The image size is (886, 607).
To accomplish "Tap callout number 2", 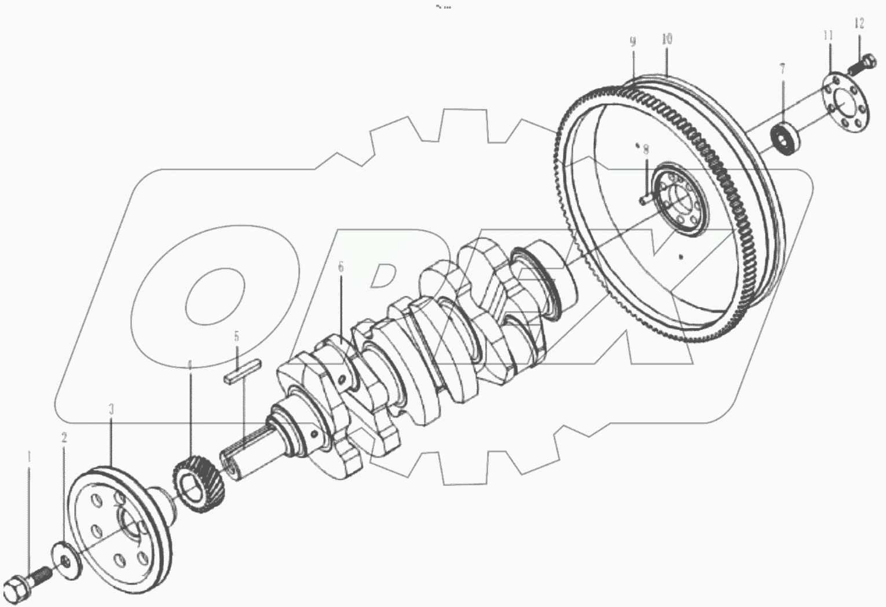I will (x=64, y=438).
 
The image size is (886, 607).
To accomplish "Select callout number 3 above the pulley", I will (x=111, y=410).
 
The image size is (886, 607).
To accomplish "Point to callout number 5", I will (x=236, y=337).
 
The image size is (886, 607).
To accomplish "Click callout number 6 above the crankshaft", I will (x=341, y=267).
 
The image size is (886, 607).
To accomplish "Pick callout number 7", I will (x=782, y=70).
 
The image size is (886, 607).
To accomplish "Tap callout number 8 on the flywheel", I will (x=646, y=149).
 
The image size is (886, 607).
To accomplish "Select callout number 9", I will (x=633, y=41).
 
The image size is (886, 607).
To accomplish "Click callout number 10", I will (x=667, y=39).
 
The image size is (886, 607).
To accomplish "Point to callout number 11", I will (x=829, y=35).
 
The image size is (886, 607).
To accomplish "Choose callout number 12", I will (x=859, y=24).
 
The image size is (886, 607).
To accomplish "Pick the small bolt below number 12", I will (x=861, y=64).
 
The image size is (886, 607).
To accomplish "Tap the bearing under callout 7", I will (x=785, y=139).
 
